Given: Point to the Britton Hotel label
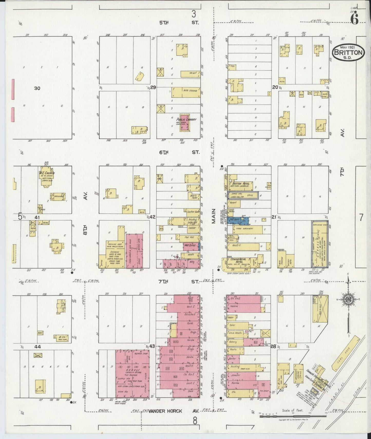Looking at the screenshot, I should tap(241, 184).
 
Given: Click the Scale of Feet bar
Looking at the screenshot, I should tap(293, 416).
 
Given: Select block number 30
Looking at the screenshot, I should tap(37, 88).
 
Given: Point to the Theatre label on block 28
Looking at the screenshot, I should tap(234, 306).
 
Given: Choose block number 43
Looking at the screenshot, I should tap(152, 346).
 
